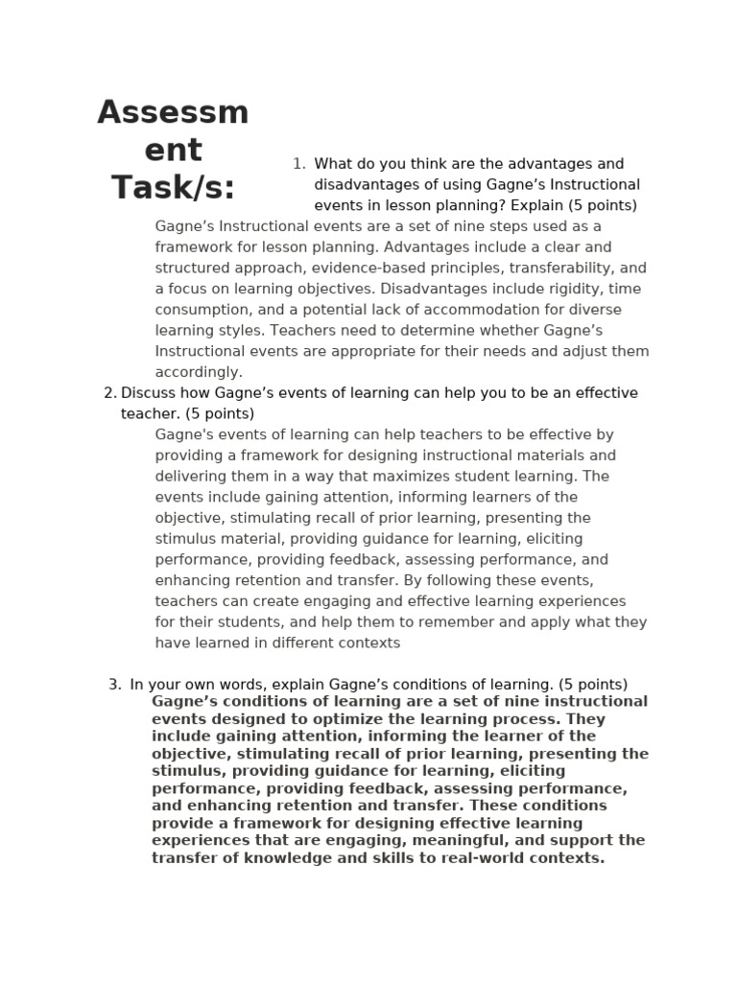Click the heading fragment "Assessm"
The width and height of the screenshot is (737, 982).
[x=173, y=113]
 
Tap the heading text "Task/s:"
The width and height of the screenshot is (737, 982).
[x=173, y=187]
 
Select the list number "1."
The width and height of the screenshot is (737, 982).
[x=298, y=164]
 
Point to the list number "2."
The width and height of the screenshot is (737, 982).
[x=109, y=393]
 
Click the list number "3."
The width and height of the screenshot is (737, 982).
[x=115, y=685]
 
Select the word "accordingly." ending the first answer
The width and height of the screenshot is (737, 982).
[x=199, y=372]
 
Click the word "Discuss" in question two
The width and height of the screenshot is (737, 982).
[x=148, y=393]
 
